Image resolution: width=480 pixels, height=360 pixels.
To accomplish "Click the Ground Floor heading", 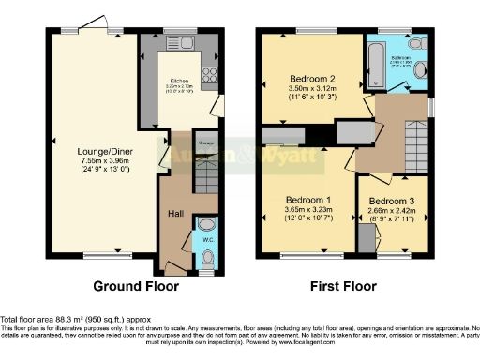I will click(130, 285).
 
